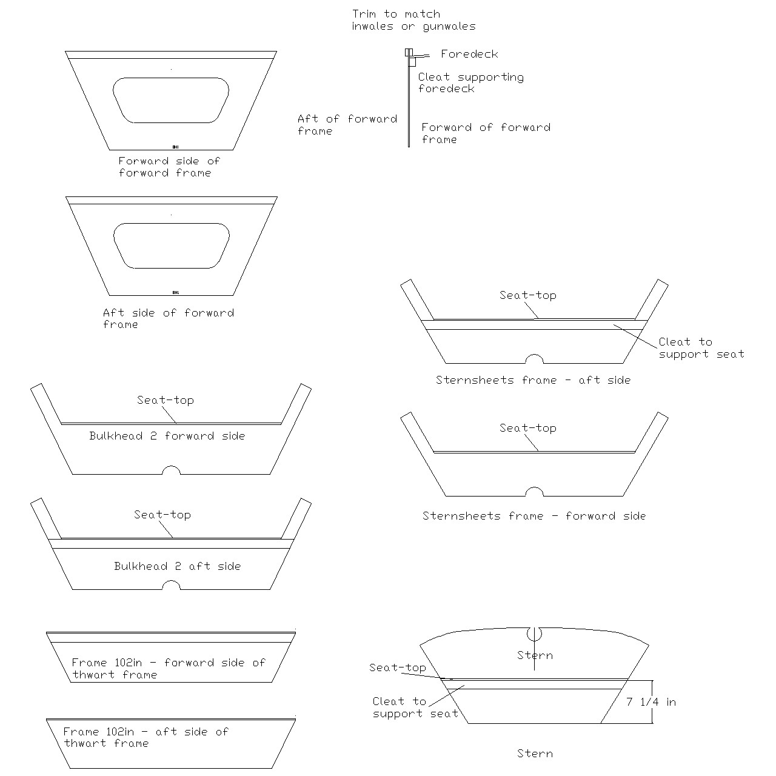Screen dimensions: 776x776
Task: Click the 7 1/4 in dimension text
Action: (x=651, y=702)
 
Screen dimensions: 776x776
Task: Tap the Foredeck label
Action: (x=469, y=54)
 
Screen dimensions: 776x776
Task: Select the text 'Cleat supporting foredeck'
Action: (x=470, y=82)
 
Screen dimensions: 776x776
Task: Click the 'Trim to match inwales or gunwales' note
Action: (x=413, y=20)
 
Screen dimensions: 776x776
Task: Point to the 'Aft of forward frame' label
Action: (x=347, y=124)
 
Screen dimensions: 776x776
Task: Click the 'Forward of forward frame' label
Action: (x=486, y=133)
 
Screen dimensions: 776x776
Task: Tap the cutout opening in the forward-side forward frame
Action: (x=171, y=100)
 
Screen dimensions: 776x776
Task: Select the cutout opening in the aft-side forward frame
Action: (x=171, y=246)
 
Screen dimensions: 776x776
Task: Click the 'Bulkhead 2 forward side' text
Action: (x=167, y=436)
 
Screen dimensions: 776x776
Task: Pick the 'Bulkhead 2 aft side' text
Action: (x=177, y=566)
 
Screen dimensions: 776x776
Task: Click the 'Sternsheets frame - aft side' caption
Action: (x=533, y=380)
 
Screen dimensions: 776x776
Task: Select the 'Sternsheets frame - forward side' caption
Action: (x=533, y=516)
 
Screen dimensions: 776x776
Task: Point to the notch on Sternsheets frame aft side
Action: (x=533, y=359)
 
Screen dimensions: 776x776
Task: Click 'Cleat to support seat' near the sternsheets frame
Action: (x=701, y=348)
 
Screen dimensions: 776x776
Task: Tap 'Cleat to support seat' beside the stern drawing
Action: (x=415, y=707)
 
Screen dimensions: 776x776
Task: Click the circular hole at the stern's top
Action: (x=534, y=634)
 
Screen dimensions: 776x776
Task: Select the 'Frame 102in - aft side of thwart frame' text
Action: (x=145, y=737)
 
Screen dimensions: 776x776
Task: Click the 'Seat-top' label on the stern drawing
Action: (x=397, y=667)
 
